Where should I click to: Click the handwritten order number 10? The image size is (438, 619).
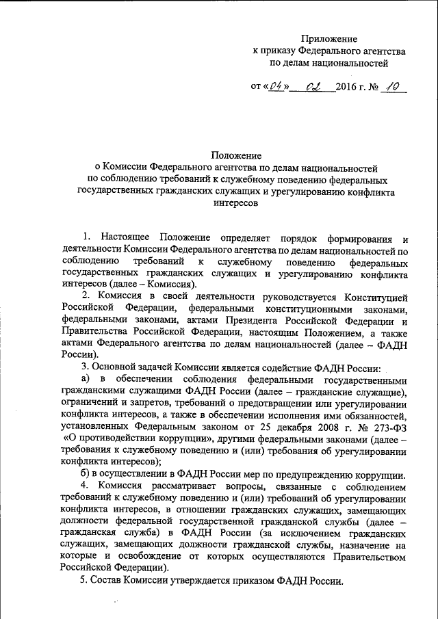click(x=396, y=87)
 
